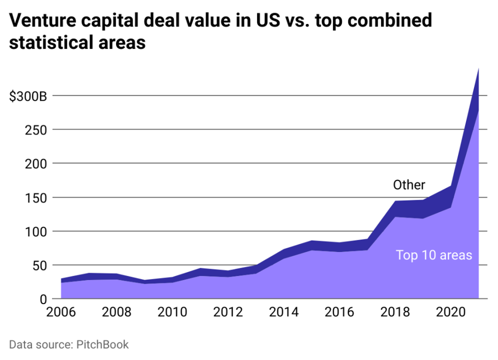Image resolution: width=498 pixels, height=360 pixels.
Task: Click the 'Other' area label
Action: (409, 185)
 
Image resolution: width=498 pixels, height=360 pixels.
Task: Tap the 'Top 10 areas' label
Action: (434, 255)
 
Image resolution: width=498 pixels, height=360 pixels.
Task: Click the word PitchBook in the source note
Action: (101, 345)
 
